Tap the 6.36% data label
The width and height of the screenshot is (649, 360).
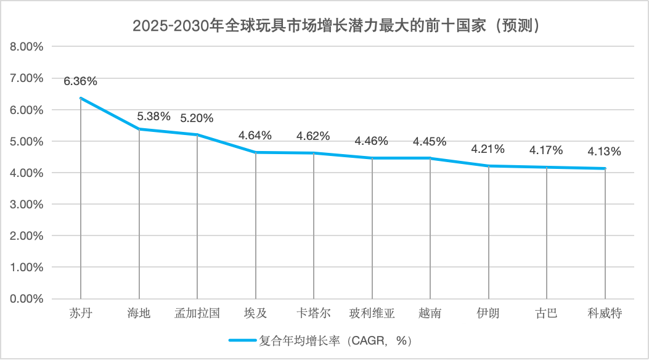pos(80,81)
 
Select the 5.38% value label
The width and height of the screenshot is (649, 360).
pos(153,116)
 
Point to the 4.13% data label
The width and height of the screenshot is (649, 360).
pos(604,151)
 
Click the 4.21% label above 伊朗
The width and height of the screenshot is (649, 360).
pos(488,149)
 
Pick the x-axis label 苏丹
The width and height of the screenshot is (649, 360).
pos(81,313)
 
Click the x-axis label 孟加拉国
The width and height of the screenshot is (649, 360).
pos(197,313)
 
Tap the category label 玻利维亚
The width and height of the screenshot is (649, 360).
pos(372,313)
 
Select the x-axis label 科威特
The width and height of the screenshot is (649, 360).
pos(605,313)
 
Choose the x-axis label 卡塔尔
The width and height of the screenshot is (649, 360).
pos(313,313)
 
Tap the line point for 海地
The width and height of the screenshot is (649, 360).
pos(139,129)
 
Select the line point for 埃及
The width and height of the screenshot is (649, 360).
pos(255,152)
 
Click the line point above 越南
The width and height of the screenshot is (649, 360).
pos(430,158)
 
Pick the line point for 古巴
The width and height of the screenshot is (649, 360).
pos(547,167)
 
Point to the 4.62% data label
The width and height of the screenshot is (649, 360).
pos(313,136)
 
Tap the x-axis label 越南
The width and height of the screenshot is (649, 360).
pos(430,313)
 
